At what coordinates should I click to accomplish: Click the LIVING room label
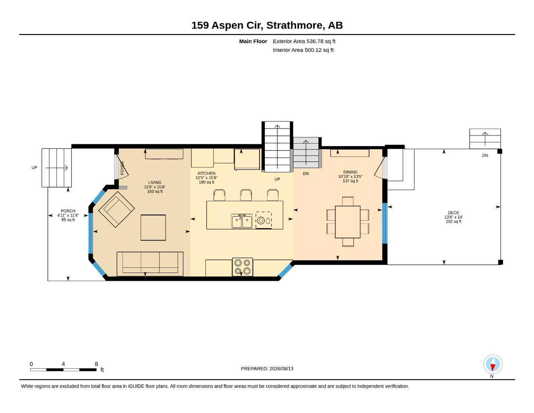(x=155, y=182)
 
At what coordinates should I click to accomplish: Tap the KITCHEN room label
(x=206, y=173)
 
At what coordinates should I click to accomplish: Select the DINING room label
(x=350, y=172)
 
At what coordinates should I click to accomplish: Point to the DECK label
(x=453, y=213)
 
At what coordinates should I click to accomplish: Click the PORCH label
(x=68, y=211)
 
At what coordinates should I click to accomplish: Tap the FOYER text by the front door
(x=122, y=168)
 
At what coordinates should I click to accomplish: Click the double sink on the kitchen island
(x=242, y=221)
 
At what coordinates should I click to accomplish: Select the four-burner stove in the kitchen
(x=242, y=267)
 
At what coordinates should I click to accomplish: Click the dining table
(x=347, y=222)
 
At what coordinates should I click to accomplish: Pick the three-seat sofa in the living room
(x=150, y=264)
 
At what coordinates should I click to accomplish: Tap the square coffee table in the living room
(x=153, y=227)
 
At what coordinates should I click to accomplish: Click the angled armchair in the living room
(x=116, y=209)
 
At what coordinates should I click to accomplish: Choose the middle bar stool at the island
(x=246, y=195)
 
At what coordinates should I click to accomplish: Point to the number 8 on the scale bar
(x=96, y=364)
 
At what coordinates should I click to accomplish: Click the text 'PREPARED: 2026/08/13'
(x=267, y=369)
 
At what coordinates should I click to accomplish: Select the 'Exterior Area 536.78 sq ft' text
(x=304, y=41)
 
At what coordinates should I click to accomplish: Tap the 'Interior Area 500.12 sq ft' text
(x=303, y=50)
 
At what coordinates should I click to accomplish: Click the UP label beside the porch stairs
(x=34, y=168)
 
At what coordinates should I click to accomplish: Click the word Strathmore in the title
(x=294, y=25)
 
